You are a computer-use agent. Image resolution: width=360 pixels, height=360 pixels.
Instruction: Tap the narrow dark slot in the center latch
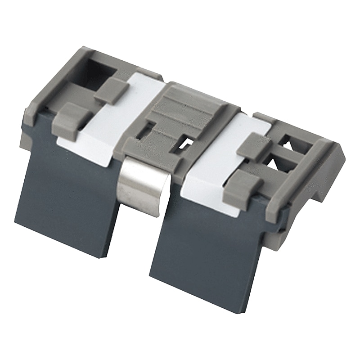tap(145, 131)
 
